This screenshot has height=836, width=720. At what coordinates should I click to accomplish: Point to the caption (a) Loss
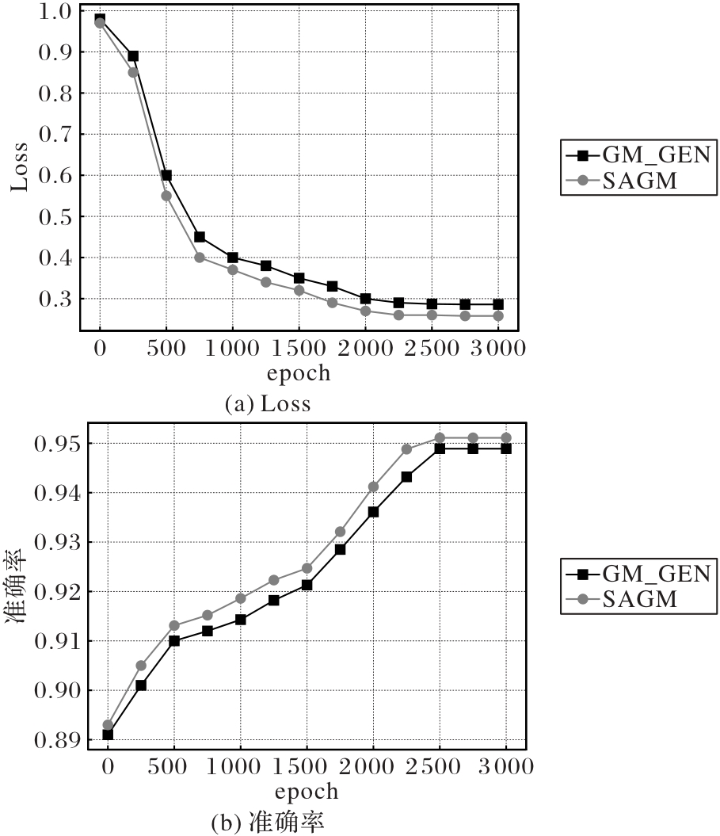click(268, 404)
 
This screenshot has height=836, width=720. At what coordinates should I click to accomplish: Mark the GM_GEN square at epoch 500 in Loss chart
click(166, 175)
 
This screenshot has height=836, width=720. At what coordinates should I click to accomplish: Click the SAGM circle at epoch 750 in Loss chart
click(200, 258)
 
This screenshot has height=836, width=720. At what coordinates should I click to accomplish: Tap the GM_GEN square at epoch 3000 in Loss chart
click(498, 304)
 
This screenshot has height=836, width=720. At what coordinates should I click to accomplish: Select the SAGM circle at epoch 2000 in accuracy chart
click(373, 487)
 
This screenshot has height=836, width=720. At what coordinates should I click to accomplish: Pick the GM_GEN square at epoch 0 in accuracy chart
click(108, 735)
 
